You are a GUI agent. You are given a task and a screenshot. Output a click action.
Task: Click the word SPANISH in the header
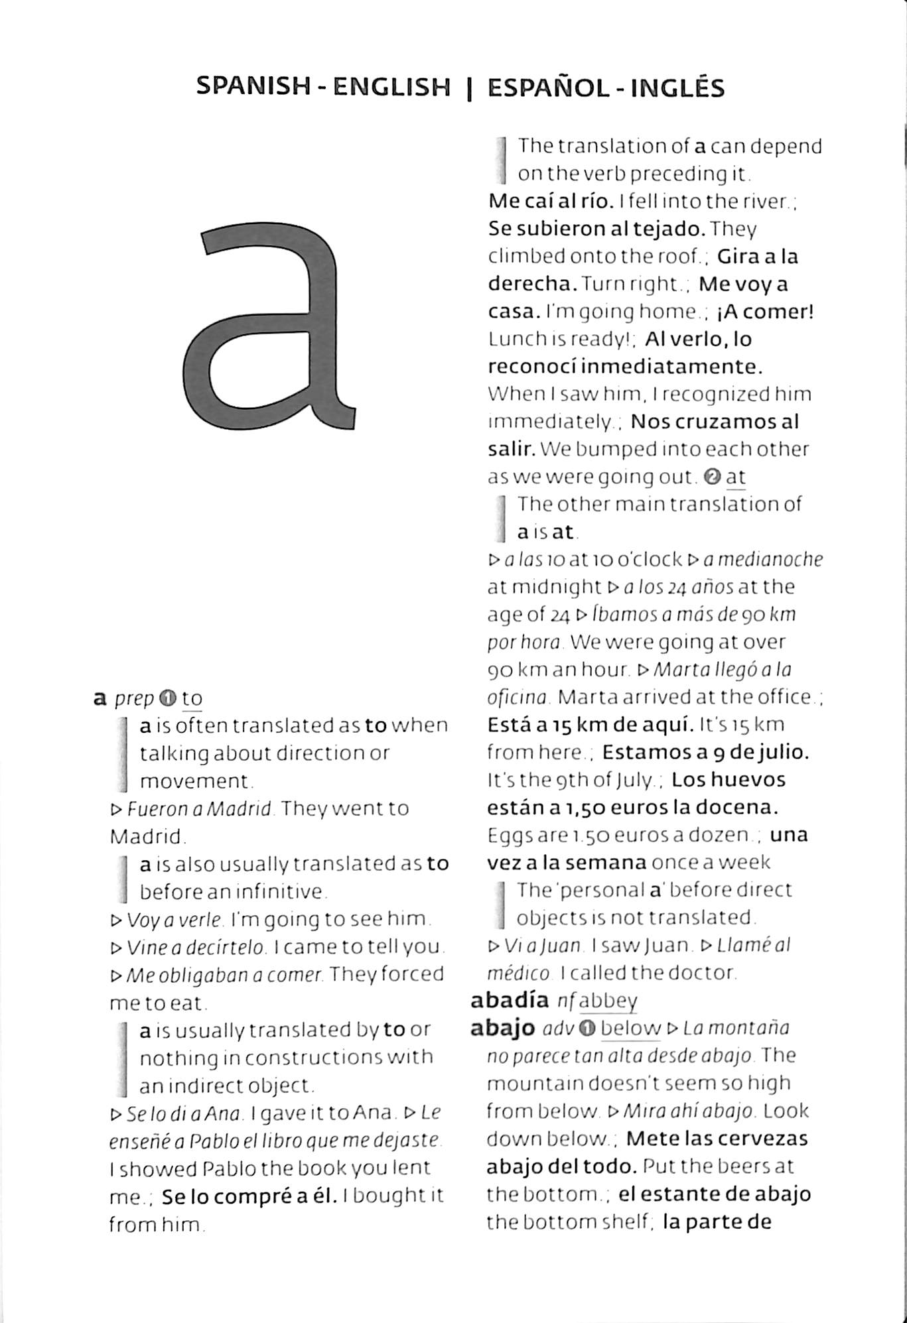point(253,86)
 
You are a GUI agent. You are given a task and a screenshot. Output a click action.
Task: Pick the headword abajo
point(502,1028)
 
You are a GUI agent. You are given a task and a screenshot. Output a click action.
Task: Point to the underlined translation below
point(630,1028)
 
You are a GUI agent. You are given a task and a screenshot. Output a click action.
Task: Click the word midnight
point(544,587)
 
